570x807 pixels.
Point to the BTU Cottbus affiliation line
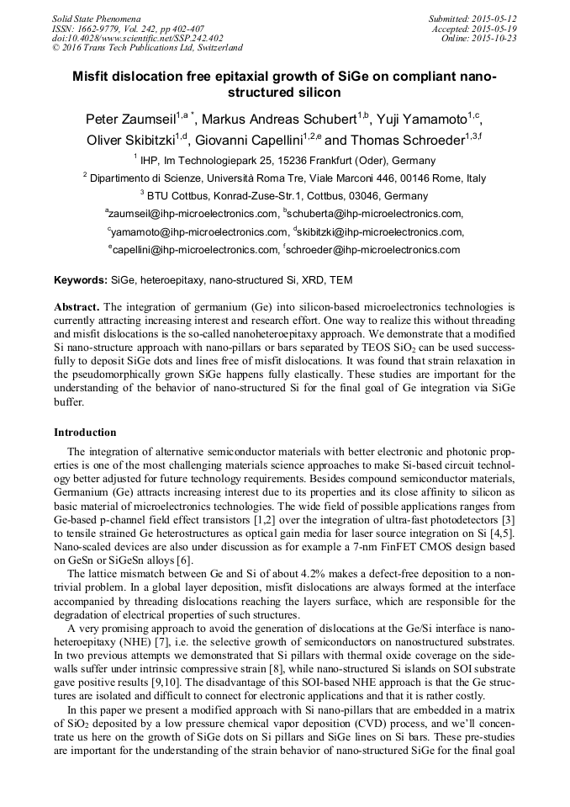click(284, 195)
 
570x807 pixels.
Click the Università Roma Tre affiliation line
click(284, 178)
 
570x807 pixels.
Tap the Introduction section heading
click(85, 433)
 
